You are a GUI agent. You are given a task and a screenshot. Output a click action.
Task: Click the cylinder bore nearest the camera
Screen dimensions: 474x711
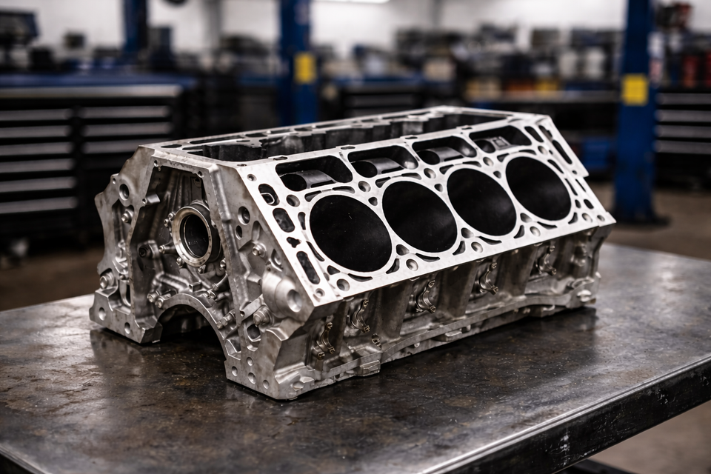[x=350, y=233]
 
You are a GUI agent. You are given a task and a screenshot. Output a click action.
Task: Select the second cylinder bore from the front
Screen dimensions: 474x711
[x=419, y=216]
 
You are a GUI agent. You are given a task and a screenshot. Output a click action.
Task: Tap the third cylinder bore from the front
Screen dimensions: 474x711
[x=481, y=201]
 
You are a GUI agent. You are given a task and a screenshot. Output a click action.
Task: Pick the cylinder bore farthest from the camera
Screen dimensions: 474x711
[x=538, y=188]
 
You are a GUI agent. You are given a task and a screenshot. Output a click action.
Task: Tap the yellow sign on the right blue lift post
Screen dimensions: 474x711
[x=635, y=90]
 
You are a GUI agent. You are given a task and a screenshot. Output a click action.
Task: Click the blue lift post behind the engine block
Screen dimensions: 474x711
[x=296, y=59]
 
